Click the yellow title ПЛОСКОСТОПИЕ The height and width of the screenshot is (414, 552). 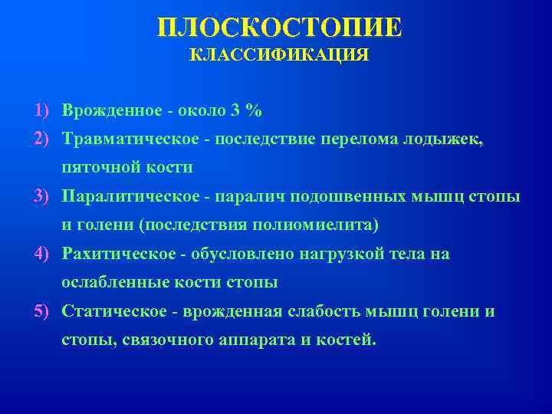click(279, 28)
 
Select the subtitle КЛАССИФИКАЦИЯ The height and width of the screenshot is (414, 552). click(279, 56)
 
